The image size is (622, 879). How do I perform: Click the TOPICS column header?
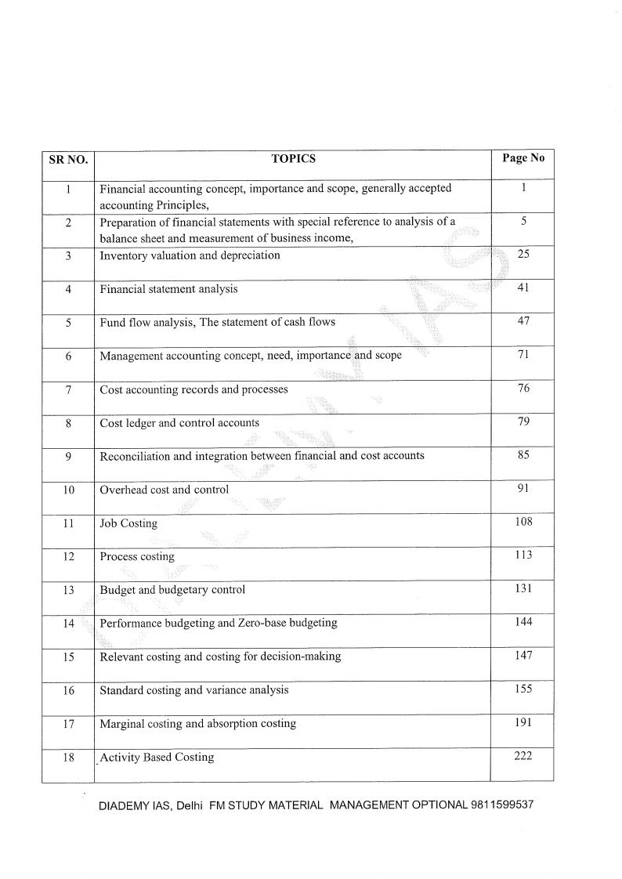click(x=293, y=158)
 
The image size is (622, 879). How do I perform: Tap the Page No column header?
click(x=523, y=157)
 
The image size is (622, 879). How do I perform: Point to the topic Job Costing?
click(x=128, y=523)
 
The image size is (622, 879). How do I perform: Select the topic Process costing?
click(x=137, y=557)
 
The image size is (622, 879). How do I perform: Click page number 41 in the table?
click(x=523, y=288)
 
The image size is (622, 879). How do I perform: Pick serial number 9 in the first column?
click(x=68, y=457)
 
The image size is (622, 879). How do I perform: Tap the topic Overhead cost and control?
click(x=164, y=490)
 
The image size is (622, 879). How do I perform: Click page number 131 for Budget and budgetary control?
click(x=523, y=588)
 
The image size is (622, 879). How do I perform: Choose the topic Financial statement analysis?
click(x=168, y=289)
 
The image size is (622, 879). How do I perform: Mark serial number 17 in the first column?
click(x=68, y=724)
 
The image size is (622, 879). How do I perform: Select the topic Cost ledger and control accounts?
click(x=179, y=423)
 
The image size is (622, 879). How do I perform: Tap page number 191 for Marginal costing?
click(x=523, y=722)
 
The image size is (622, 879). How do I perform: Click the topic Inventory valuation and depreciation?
click(x=190, y=255)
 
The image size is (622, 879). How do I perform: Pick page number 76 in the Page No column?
click(x=523, y=388)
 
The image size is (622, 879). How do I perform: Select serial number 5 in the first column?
click(x=68, y=323)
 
